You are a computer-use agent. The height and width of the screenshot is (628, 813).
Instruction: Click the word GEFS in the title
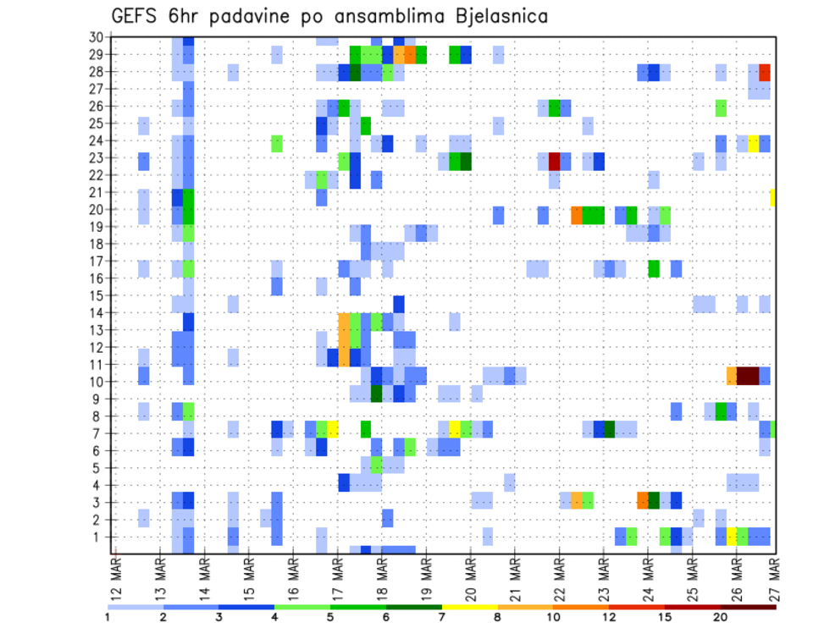[137, 16]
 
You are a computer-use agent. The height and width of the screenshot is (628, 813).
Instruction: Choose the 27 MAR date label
[772, 578]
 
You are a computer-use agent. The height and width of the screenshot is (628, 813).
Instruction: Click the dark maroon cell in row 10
[748, 376]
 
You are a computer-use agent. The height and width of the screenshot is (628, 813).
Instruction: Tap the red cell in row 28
[765, 72]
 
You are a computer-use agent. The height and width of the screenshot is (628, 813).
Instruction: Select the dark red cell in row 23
[555, 160]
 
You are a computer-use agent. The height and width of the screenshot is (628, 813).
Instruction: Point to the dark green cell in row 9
[376, 394]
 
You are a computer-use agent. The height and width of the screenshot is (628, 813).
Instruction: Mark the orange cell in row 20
[577, 214]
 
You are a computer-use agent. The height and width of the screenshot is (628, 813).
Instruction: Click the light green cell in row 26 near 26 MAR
[721, 107]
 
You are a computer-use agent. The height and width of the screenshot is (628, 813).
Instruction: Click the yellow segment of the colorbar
[470, 607]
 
